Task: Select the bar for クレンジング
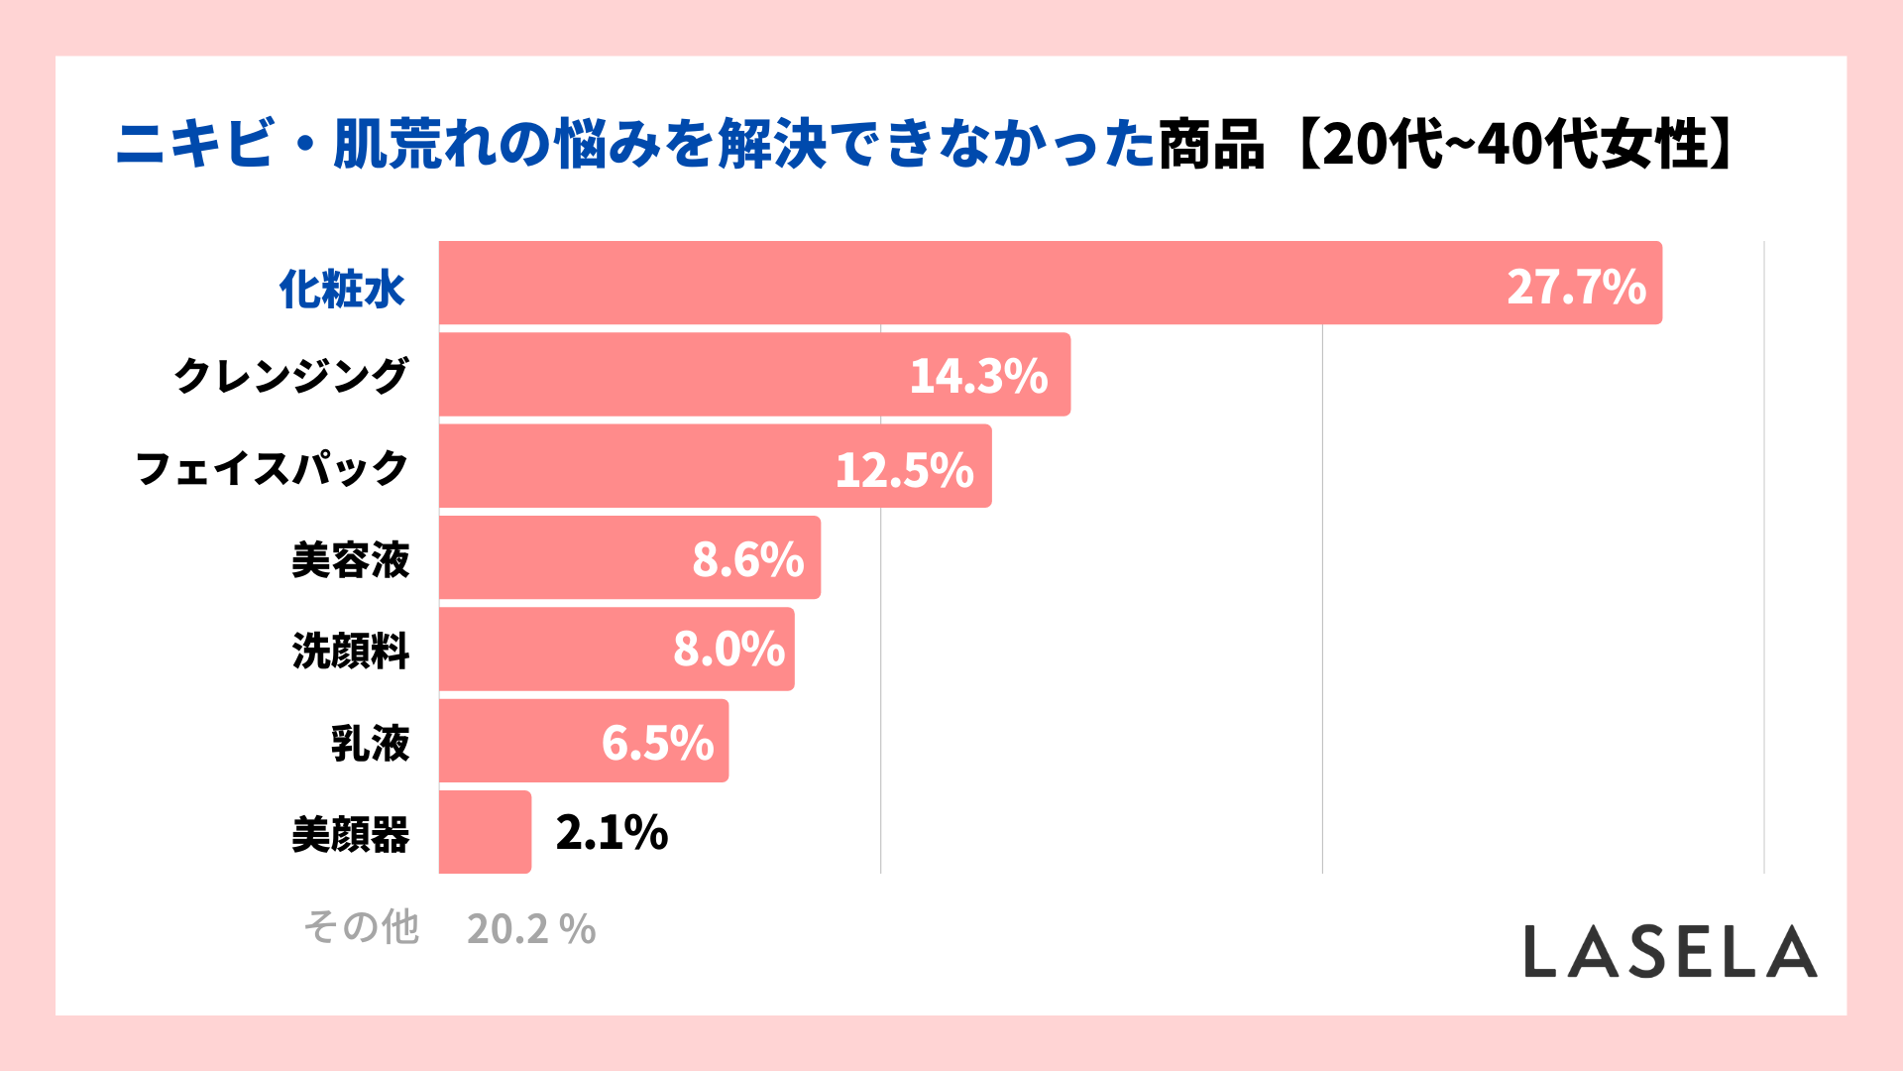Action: point(674,375)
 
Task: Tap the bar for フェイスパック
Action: point(634,466)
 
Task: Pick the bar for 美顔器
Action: point(485,832)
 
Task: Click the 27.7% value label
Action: point(1576,287)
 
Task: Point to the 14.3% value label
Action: point(978,376)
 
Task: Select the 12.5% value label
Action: point(904,469)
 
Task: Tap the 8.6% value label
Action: point(747,559)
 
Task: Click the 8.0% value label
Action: point(728,650)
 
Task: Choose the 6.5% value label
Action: point(657,743)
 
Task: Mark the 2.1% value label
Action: point(612,832)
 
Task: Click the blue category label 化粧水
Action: point(342,289)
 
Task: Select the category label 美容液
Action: point(350,560)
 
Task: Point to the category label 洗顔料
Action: point(350,652)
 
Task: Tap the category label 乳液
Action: point(370,743)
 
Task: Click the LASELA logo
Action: point(1670,952)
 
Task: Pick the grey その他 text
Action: point(361,927)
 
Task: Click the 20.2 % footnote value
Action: point(531,929)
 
